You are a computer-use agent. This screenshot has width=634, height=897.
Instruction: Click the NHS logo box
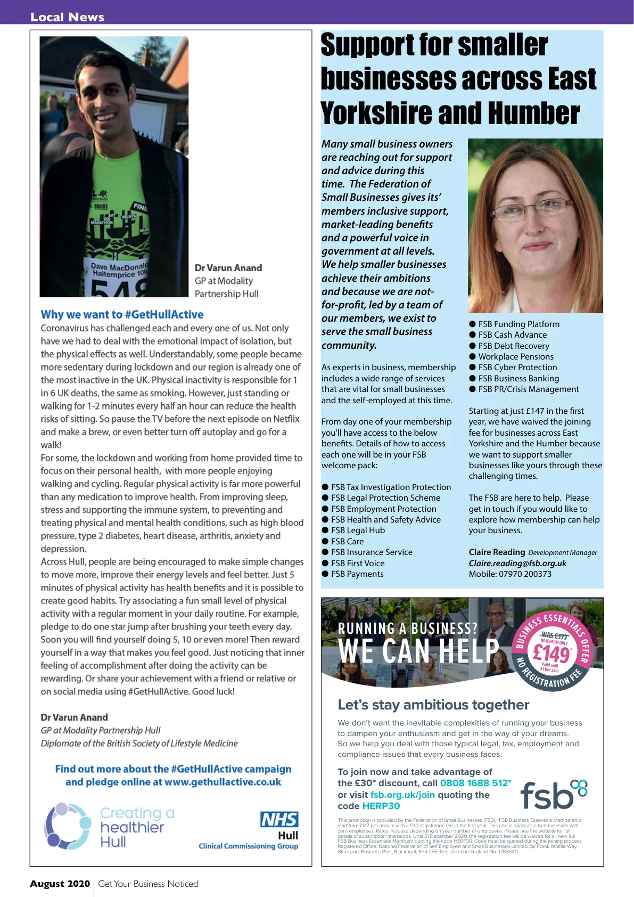point(279,819)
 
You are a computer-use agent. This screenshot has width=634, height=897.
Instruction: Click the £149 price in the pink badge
point(551,653)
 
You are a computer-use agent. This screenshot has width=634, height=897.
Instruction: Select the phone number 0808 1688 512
point(474,783)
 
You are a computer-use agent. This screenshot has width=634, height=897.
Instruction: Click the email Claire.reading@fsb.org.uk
point(517,563)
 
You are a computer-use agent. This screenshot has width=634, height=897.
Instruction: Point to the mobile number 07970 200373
point(525,574)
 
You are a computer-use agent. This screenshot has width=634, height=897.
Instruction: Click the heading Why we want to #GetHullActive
point(122,315)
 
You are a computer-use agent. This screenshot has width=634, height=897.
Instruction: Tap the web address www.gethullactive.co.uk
point(223,782)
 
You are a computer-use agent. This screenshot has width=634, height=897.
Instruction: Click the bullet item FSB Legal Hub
point(358,531)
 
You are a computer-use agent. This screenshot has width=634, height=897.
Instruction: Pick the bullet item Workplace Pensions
point(515,357)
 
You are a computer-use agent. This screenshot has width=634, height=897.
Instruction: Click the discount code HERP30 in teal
point(381,806)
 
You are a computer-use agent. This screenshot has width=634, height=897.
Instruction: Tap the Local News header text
point(67,17)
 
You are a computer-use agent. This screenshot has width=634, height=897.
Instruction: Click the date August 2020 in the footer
point(60,884)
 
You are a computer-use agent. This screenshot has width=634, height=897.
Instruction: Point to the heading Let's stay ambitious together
point(433,705)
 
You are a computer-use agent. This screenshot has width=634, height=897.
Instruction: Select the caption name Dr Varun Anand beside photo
point(228,268)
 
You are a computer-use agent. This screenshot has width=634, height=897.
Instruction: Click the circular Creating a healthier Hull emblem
point(68,826)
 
